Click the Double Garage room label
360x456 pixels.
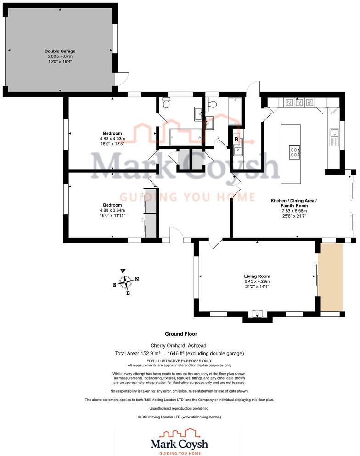point(60,51)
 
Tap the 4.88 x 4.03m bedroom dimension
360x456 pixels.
point(112,139)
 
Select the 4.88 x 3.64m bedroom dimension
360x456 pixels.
point(112,210)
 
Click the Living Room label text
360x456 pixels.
point(257,276)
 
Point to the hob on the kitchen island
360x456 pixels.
point(294,152)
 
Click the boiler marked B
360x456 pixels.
point(236,140)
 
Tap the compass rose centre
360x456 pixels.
point(126,281)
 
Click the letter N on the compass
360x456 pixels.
point(137,279)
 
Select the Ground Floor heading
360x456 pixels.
point(181,334)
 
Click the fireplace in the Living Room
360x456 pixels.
point(257,314)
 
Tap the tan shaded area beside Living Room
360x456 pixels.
point(330,277)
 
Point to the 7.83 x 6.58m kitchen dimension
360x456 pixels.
point(294,211)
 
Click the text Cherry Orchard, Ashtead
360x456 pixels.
point(178,346)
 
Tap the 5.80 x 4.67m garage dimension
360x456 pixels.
point(60,56)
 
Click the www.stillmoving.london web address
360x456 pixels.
point(201,417)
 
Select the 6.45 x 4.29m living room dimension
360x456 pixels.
point(257,281)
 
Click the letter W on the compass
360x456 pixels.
point(123,271)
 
